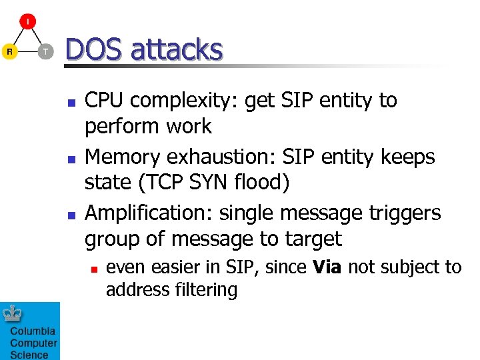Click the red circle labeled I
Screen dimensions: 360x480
(x=27, y=21)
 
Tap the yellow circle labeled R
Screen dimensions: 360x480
(x=9, y=52)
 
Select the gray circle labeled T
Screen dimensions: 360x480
(x=45, y=52)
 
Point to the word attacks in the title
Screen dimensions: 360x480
(x=177, y=50)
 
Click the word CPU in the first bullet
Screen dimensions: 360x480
(x=105, y=101)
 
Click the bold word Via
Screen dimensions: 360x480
(x=327, y=267)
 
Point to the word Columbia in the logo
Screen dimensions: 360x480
(x=33, y=331)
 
